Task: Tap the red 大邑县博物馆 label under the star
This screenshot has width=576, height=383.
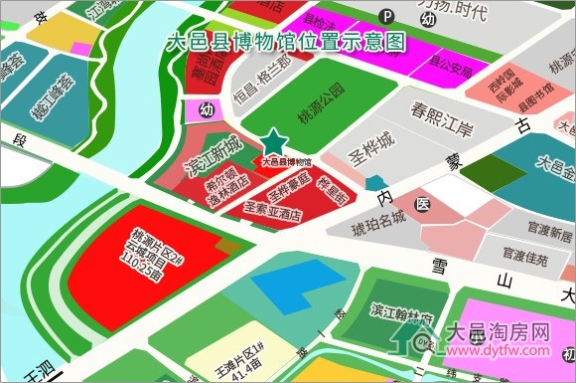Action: tap(285, 160)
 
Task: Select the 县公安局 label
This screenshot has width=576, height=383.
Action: tap(449, 71)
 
